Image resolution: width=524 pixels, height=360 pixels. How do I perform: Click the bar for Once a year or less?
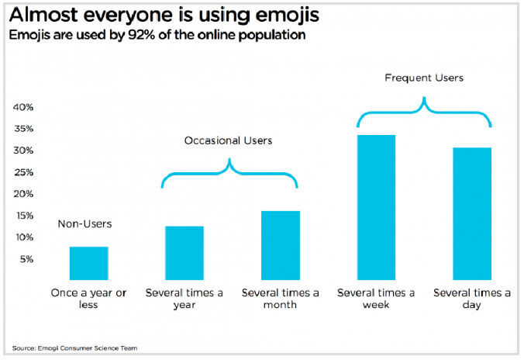[x=88, y=263]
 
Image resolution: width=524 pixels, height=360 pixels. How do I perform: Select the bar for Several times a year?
[x=184, y=253]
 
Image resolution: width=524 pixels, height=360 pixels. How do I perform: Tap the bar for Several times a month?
[x=281, y=245]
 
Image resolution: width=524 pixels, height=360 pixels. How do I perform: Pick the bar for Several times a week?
[x=376, y=207]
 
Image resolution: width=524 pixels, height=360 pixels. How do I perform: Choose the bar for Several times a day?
[x=472, y=213]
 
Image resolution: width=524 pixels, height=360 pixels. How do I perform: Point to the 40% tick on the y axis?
[x=22, y=107]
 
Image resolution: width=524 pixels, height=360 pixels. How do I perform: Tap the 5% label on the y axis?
[x=25, y=259]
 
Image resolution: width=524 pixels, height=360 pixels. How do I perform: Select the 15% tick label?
[x=22, y=216]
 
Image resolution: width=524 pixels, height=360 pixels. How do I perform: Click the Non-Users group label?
[x=85, y=224]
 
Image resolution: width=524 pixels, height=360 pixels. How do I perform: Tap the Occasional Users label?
[x=229, y=140]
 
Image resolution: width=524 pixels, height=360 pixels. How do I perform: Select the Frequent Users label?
[x=423, y=78]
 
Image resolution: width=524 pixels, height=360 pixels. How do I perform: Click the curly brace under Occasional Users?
[x=229, y=175]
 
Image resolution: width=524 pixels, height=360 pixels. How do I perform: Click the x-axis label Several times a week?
[x=376, y=299]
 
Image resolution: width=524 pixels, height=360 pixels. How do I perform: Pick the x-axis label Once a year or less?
[x=88, y=299]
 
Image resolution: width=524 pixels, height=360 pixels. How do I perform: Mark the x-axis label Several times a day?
[x=472, y=299]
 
